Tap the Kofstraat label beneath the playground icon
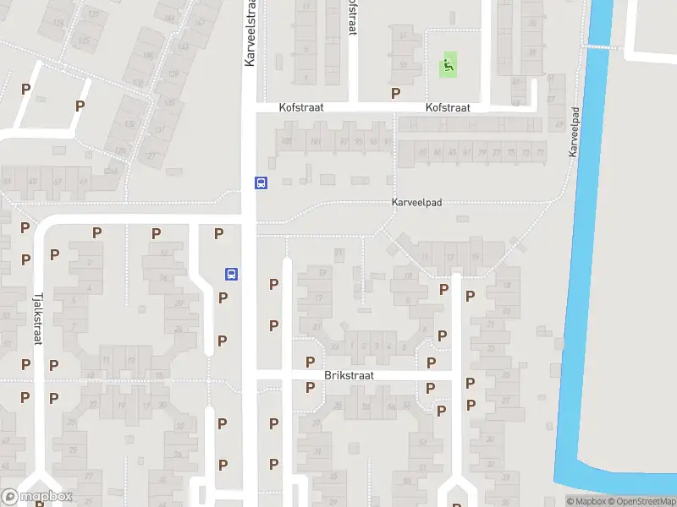point(448,108)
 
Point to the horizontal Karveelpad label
point(416,204)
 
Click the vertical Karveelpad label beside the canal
point(575,131)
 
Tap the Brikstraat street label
point(349,373)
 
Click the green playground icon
point(449,63)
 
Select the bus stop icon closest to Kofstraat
point(261,183)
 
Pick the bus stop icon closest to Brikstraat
point(230,274)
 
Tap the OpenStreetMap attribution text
point(640,502)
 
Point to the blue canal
point(584,253)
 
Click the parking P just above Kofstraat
point(394,93)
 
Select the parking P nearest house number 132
point(80,106)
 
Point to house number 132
point(129,123)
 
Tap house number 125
point(84,39)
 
